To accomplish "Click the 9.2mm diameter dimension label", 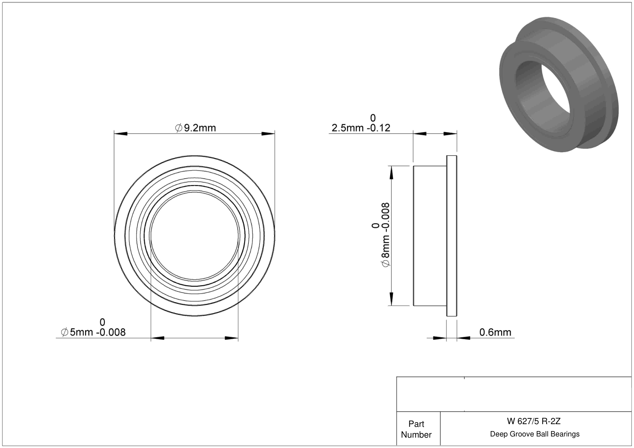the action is pyautogui.click(x=196, y=128).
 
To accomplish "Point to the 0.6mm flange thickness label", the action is pyautogui.click(x=495, y=332).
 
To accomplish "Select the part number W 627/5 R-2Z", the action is pyautogui.click(x=534, y=421).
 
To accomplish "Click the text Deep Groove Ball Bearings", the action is pyautogui.click(x=535, y=434).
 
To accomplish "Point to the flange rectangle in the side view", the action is pyautogui.click(x=452, y=236).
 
